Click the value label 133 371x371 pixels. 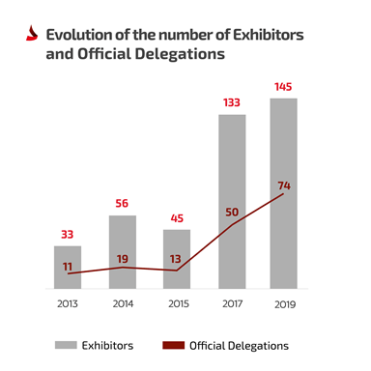coord(231,102)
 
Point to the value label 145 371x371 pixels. coord(283,86)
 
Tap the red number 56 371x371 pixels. coord(122,203)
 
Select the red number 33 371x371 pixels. coord(68,234)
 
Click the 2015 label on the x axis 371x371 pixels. coord(176,303)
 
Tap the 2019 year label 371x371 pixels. coord(283,303)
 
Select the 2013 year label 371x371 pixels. coord(68,303)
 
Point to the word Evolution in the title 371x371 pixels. coord(79,35)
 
